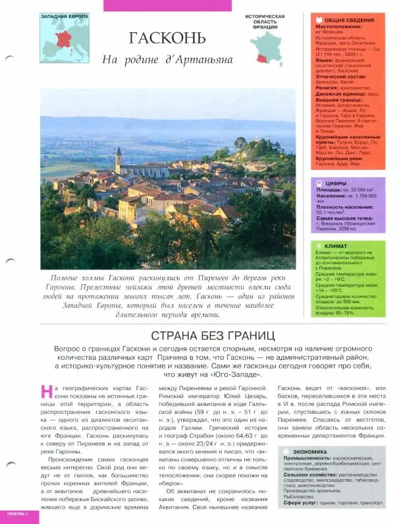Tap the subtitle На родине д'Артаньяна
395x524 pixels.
(x=168, y=60)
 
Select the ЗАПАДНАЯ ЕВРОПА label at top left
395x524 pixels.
(x=65, y=16)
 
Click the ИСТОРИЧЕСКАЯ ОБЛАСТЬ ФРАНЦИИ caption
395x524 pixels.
(x=265, y=21)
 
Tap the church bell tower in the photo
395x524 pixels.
(x=118, y=160)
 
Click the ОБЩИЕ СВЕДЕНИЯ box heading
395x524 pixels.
(x=344, y=20)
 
